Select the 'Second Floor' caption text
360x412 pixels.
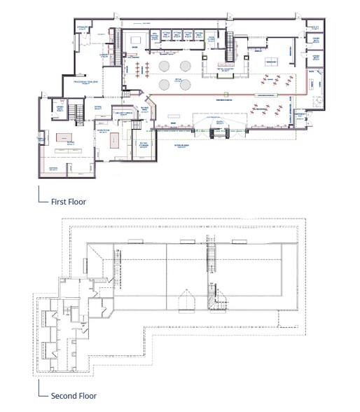coord(74,396)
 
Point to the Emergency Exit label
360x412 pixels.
coord(301,114)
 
